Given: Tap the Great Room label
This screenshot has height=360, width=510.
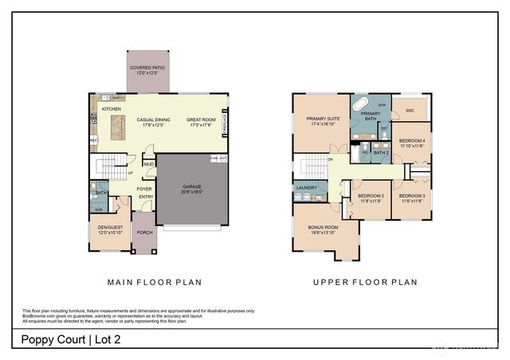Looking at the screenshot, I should (200, 122).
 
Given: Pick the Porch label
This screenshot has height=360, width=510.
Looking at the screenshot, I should (144, 233).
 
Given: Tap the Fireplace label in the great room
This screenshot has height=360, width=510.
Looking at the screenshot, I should (226, 123).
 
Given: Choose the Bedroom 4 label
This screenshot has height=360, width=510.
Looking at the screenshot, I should (412, 143).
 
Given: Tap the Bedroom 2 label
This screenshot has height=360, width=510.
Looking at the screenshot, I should (371, 198).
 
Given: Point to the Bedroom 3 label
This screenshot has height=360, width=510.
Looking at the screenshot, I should (412, 198).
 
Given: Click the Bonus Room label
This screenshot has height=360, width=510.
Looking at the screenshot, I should (323, 229).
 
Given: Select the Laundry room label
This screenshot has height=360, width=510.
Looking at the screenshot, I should (306, 188).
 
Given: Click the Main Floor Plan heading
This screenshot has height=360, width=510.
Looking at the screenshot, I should (155, 281).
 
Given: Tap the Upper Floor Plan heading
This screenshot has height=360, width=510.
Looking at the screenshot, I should (364, 281).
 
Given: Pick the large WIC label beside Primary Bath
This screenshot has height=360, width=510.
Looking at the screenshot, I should (410, 111).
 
